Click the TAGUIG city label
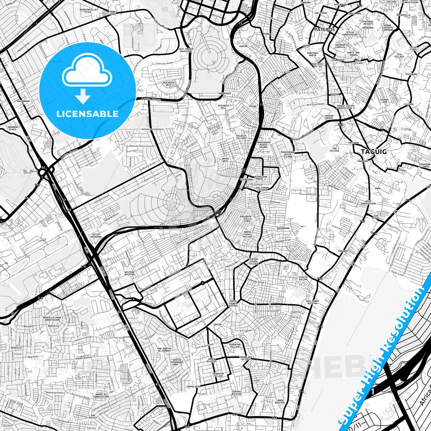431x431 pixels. (x=374, y=152)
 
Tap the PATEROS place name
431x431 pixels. (x=324, y=30)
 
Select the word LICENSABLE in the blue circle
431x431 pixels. (x=87, y=114)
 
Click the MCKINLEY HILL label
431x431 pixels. (x=223, y=107)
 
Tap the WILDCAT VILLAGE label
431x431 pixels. (x=241, y=137)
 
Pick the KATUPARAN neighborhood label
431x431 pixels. (x=283, y=228)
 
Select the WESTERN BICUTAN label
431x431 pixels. (x=129, y=274)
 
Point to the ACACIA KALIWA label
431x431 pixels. (x=303, y=278)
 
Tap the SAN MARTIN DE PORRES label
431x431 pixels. (x=164, y=350)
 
